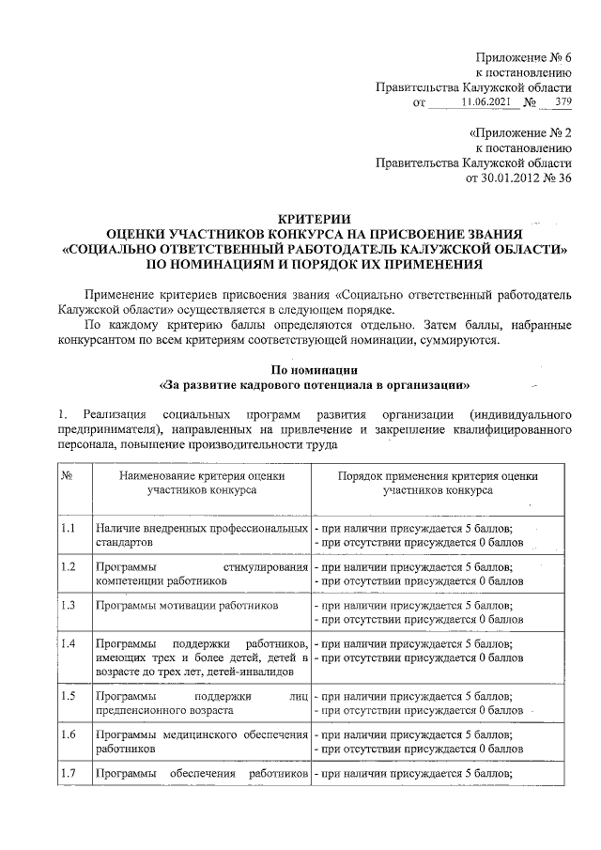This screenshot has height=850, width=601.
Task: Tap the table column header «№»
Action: [x=68, y=476]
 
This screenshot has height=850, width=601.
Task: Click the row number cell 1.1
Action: [x=68, y=530]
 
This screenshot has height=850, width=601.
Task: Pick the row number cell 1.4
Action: [x=68, y=644]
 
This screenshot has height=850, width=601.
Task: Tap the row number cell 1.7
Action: [x=68, y=773]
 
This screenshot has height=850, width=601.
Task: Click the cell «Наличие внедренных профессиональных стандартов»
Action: [x=202, y=536]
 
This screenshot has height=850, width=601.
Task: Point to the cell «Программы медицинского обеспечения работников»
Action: [x=202, y=742]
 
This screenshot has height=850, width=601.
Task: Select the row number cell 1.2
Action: [x=68, y=567]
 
